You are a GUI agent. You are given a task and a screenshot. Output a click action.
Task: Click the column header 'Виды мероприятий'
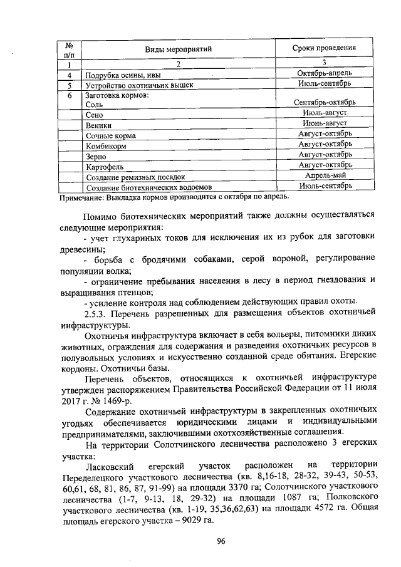(x=179, y=48)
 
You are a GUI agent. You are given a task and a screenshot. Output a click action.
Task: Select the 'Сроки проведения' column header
(x=324, y=48)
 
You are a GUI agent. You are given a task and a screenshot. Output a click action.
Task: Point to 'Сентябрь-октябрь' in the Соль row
(x=324, y=102)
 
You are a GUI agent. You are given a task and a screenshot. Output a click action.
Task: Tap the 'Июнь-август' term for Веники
(x=324, y=125)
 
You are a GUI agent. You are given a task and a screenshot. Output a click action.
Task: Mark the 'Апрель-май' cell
(x=324, y=177)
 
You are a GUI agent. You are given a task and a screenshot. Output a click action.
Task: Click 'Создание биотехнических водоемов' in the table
(x=149, y=187)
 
